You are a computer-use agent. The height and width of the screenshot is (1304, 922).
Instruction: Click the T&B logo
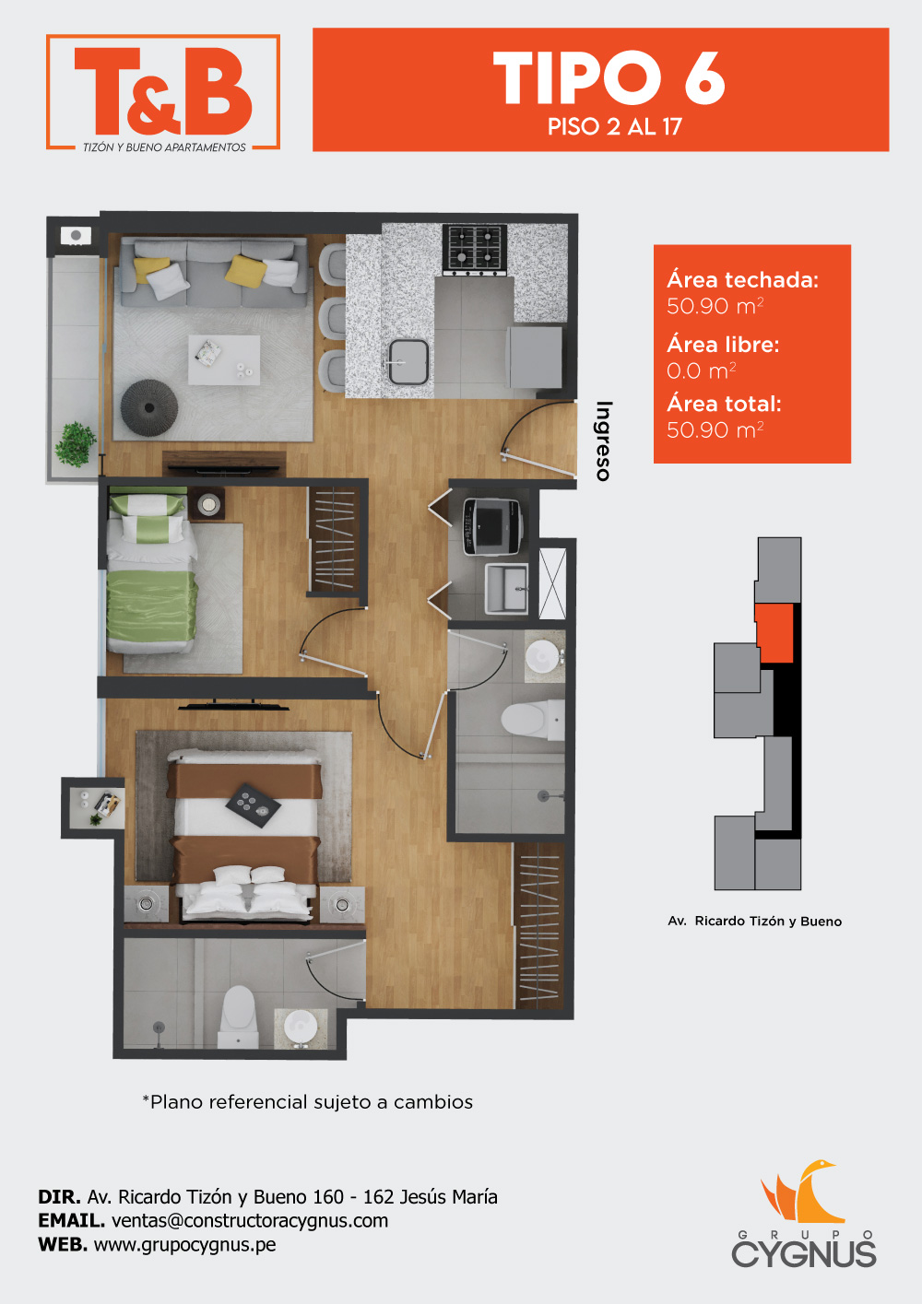pyautogui.click(x=163, y=92)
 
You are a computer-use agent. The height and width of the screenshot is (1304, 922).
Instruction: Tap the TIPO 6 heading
pyautogui.click(x=609, y=77)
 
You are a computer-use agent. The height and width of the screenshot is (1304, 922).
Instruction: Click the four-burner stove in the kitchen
pyautogui.click(x=475, y=251)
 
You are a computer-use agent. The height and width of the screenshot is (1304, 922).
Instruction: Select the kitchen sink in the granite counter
pyautogui.click(x=408, y=362)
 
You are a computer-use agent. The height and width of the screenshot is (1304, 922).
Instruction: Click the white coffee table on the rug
pyautogui.click(x=224, y=359)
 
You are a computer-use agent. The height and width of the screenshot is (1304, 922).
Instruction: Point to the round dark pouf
pyautogui.click(x=149, y=407)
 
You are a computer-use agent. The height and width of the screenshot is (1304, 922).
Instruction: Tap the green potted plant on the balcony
pyautogui.click(x=75, y=444)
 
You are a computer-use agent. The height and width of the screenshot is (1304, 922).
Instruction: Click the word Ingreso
pyautogui.click(x=604, y=441)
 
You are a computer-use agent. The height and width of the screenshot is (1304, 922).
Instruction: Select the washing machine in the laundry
pyautogui.click(x=492, y=527)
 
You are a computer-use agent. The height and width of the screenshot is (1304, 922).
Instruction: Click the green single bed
pyautogui.click(x=151, y=573)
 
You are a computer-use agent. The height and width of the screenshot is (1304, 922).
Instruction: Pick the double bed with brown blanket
pyautogui.click(x=243, y=835)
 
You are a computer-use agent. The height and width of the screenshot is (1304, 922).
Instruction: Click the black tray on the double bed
pyautogui.click(x=254, y=805)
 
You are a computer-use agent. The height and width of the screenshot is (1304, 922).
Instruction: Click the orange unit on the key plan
pyautogui.click(x=775, y=633)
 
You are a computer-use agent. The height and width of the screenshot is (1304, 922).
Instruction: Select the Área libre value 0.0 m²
pyautogui.click(x=702, y=370)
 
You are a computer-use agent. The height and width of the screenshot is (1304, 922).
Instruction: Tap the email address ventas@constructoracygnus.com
pyautogui.click(x=250, y=1220)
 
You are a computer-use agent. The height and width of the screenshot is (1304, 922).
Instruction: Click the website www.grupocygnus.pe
pyautogui.click(x=184, y=1245)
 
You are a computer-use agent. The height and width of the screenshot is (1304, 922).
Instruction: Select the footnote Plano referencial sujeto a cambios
pyautogui.click(x=308, y=1102)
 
